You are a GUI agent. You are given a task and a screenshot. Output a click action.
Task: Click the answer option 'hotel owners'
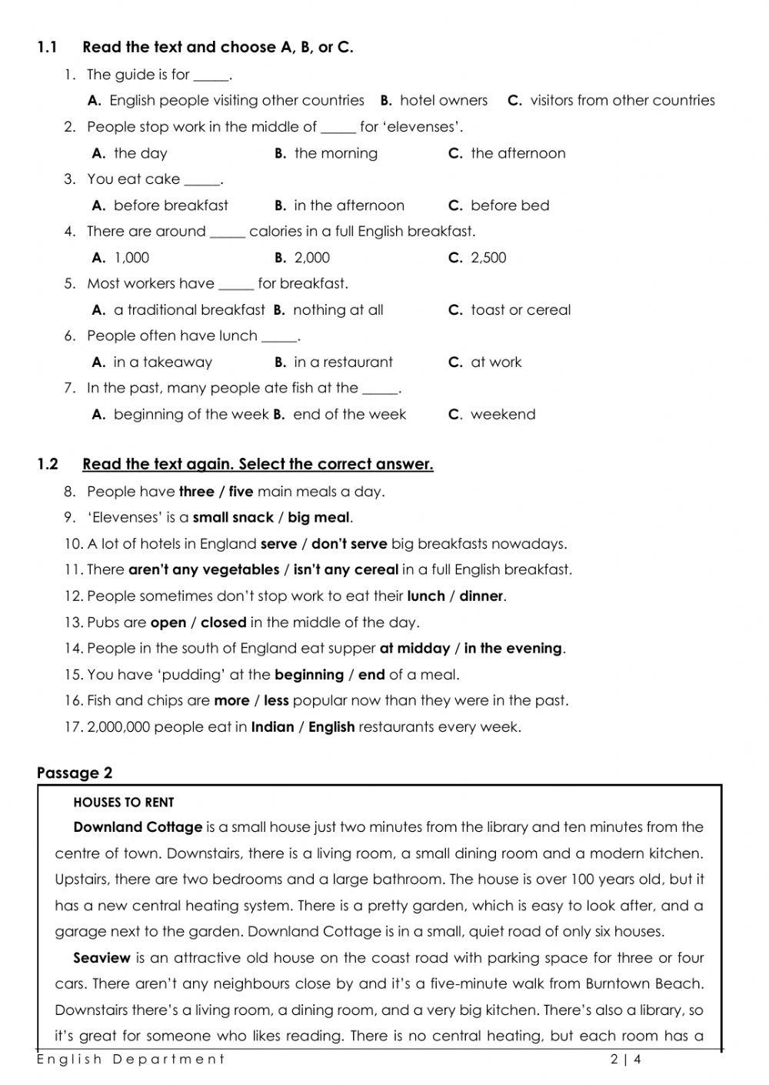coord(443,101)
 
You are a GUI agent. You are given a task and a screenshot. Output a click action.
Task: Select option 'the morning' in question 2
coord(335,153)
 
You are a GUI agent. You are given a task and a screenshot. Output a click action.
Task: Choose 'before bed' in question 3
coord(509,205)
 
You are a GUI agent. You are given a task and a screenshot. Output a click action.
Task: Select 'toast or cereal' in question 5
coord(520,310)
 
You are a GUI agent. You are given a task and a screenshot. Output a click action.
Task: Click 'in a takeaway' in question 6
coord(162,362)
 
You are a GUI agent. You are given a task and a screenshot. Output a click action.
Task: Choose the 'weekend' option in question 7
coord(502,415)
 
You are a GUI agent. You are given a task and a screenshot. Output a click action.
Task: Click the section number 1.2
coord(48,464)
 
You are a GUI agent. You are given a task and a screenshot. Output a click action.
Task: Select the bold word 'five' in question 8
coord(241,492)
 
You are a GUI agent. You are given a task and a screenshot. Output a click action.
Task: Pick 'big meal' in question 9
coord(318,518)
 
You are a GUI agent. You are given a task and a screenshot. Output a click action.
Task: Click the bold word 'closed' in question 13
coord(223,623)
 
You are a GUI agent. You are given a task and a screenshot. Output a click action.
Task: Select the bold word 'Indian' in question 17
coord(272,727)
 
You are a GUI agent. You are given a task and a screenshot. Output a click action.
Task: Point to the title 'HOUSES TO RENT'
coord(123,802)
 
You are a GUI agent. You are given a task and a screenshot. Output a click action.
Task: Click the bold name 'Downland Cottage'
coord(138,828)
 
